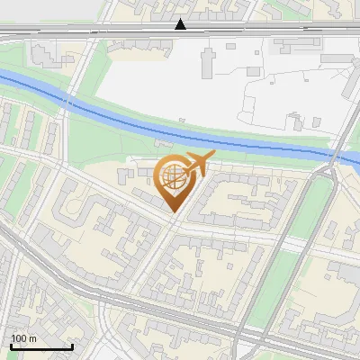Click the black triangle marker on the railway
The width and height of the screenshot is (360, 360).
[181, 24]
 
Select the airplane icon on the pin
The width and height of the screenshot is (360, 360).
[196, 164]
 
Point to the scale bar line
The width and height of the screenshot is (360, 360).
[41, 346]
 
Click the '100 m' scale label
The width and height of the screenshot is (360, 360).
[23, 337]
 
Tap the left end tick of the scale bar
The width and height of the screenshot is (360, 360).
[11, 345]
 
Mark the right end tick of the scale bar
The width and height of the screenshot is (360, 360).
[72, 345]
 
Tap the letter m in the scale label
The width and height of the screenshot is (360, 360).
[32, 338]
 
